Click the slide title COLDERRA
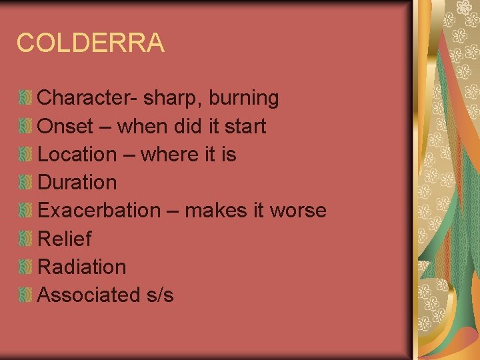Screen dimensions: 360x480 tap(90, 43)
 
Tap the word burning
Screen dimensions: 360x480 tap(244, 98)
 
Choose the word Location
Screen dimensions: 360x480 tap(77, 154)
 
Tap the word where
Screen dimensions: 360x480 tap(169, 154)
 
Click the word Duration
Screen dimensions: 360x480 tap(77, 182)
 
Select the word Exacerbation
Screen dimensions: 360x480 tap(99, 210)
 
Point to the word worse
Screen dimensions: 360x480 tap(298, 211)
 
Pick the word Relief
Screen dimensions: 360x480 tap(65, 238)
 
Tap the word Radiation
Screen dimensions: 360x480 tap(82, 267)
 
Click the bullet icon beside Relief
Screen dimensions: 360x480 tap(25, 239)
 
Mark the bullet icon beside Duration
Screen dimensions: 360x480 tap(25, 183)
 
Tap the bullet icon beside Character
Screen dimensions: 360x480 tap(25, 99)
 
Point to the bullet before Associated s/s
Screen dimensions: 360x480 tap(25, 295)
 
